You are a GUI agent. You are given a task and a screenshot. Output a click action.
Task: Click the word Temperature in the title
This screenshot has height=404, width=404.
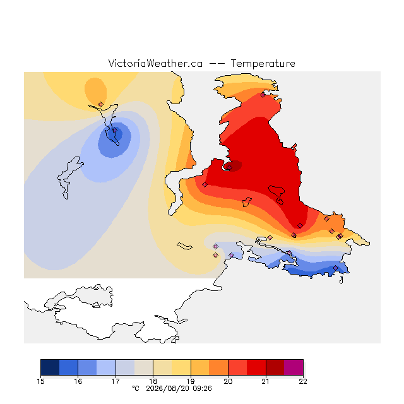tap(263, 63)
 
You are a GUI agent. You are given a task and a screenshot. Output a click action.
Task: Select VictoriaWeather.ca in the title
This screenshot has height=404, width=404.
tap(155, 63)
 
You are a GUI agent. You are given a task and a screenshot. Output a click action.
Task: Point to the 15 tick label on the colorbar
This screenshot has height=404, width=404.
tap(40, 381)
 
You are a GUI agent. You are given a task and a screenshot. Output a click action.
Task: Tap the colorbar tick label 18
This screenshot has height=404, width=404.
tap(153, 381)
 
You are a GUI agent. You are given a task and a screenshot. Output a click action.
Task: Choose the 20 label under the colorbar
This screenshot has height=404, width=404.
tap(228, 381)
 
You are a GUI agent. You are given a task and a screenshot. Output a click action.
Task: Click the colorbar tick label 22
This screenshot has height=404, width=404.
tap(303, 381)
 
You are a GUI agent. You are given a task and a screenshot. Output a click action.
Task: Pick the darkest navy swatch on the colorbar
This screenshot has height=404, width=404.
tap(50, 367)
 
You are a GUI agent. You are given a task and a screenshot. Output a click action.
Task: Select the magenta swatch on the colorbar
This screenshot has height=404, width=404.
tap(294, 367)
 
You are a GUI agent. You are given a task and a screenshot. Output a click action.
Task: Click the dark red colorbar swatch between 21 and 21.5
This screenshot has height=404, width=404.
tap(275, 367)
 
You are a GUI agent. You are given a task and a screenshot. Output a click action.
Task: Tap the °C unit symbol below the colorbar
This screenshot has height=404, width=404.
tap(136, 388)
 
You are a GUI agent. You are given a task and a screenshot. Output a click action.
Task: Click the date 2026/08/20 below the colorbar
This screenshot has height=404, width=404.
tap(167, 388)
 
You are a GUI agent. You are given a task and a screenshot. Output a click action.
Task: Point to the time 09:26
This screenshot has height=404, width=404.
tap(202, 388)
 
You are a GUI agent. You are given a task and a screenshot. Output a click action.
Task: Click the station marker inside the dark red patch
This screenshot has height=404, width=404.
tap(230, 167)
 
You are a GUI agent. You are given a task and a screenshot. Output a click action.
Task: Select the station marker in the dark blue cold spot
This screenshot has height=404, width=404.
tap(115, 131)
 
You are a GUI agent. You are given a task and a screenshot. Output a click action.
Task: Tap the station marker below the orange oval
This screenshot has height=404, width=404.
tap(101, 104)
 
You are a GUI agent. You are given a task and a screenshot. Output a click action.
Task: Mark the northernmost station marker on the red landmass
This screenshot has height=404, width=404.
tap(263, 95)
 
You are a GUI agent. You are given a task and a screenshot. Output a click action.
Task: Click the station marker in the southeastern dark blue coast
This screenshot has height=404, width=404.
tap(335, 268)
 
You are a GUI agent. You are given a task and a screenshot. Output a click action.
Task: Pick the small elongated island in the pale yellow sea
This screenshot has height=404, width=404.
tap(184, 246)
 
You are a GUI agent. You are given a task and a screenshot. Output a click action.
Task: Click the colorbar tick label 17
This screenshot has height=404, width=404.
tap(116, 381)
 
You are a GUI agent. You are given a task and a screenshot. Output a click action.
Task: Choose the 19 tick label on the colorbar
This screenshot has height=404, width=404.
tap(191, 381)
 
